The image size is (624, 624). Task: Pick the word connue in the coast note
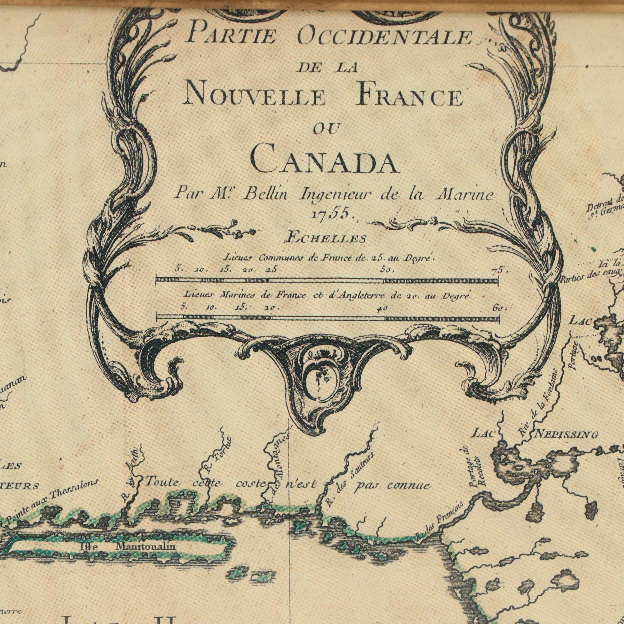tap(409, 485)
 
